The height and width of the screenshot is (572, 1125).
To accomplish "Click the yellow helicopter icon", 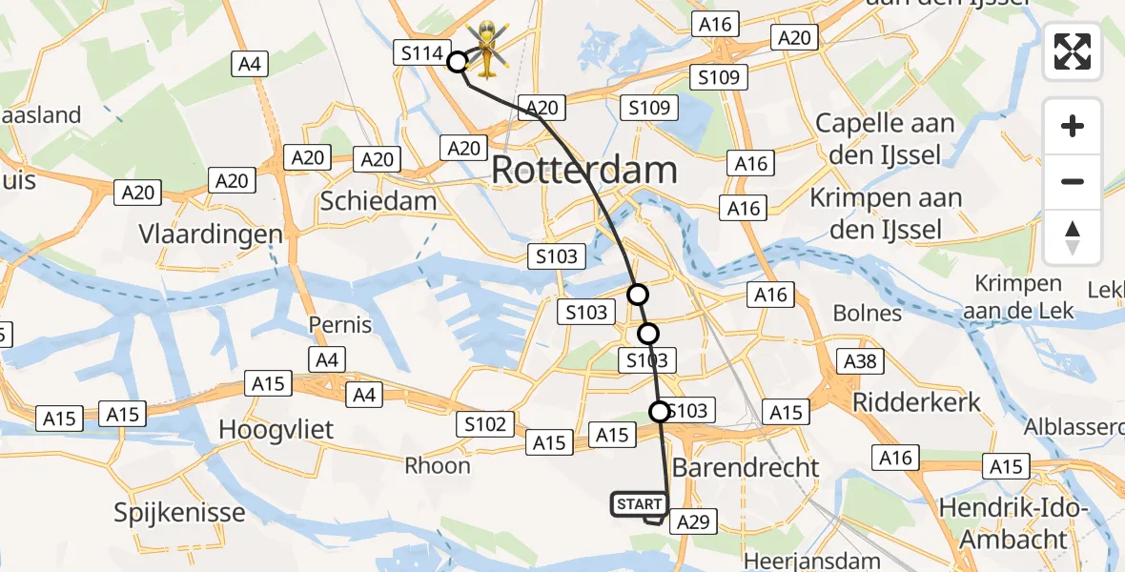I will [487, 48].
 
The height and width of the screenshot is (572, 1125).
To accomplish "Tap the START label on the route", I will [638, 504].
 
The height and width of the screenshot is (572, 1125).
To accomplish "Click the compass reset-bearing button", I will [1073, 237].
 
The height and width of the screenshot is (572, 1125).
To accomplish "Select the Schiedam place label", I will [378, 201].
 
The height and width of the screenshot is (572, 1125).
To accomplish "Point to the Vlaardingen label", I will [211, 234].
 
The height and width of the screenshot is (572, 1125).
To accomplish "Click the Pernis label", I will [340, 324].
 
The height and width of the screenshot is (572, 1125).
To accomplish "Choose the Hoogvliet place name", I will [276, 429].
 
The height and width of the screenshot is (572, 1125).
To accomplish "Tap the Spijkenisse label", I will [179, 513].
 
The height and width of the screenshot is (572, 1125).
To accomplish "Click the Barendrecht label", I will [746, 468].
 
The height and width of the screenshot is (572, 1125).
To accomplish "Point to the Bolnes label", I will [867, 313].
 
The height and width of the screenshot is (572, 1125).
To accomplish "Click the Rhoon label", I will [438, 465].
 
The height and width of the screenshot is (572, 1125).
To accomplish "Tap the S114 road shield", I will [422, 53].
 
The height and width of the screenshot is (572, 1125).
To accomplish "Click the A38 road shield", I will [860, 361].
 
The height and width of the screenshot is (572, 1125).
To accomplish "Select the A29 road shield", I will [693, 521].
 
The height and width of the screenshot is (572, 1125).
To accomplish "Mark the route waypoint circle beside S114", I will [458, 62].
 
